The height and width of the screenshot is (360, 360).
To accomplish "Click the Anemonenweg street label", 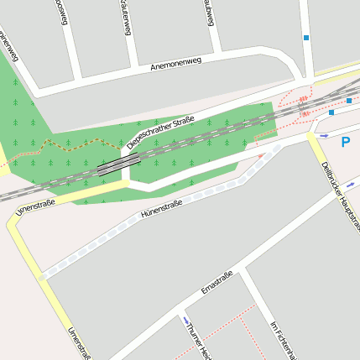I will pos(177,64).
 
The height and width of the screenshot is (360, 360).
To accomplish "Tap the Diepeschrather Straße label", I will pos(160,133).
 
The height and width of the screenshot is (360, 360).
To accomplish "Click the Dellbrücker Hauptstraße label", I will pos(335,190).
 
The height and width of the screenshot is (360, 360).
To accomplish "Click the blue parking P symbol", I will pos(345,142).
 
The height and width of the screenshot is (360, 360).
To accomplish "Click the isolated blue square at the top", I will pos(306,38).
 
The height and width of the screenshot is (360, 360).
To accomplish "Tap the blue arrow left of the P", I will pos(324,135).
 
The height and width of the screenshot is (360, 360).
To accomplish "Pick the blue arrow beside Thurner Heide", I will pos(184,319).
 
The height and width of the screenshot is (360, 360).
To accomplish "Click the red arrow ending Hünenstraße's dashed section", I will pos(261,155).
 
